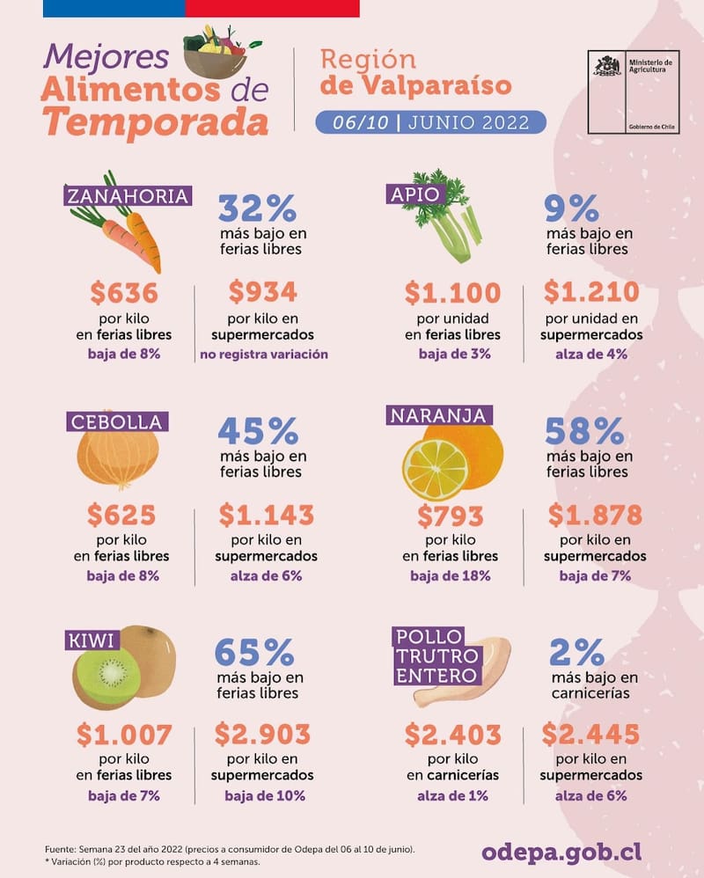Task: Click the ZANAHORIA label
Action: [128, 195]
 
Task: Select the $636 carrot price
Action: [123, 292]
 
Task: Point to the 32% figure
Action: [257, 209]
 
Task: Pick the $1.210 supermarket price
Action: [590, 292]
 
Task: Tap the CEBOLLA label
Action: [116, 421]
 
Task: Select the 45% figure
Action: [258, 431]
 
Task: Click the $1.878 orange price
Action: [595, 515]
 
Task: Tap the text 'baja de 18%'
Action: [450, 576]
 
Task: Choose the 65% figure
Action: [254, 652]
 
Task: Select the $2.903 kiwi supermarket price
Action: [262, 734]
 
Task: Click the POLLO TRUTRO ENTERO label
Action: [437, 656]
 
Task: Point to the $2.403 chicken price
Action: [452, 734]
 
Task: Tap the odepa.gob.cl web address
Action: [561, 852]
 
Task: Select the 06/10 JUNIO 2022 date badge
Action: [430, 121]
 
